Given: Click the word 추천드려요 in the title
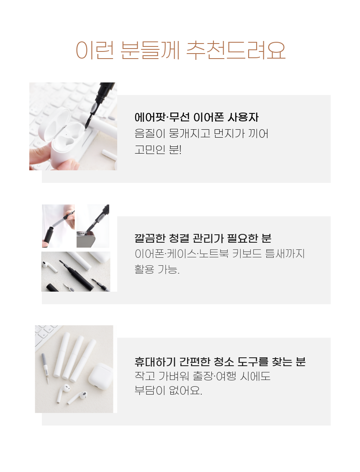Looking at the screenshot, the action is [x=236, y=50].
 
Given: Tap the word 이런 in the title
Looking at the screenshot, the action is [x=95, y=50].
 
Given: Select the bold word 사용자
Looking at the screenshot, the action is [x=243, y=117].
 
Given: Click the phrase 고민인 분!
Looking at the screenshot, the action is [x=158, y=149].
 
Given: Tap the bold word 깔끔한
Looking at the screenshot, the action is [x=150, y=238].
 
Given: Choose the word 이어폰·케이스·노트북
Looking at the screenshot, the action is [x=182, y=254].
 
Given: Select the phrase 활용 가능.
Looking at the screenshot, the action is [x=157, y=269].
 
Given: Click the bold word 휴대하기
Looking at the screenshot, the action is [x=155, y=362].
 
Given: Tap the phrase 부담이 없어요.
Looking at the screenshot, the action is [x=168, y=390].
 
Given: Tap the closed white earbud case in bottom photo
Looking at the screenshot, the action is [x=100, y=377].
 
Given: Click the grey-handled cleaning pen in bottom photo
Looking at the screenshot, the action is [x=45, y=368].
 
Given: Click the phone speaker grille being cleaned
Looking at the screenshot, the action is [x=85, y=238].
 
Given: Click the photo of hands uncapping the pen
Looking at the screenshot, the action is [x=59, y=226].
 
